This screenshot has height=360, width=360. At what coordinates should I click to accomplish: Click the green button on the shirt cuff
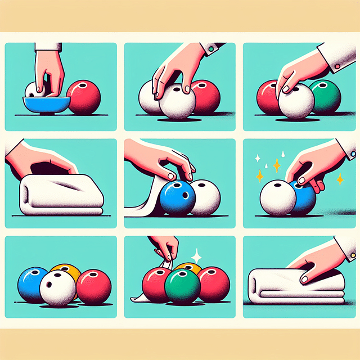[211, 49]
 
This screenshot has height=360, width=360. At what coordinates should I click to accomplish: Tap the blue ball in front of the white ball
[177, 198]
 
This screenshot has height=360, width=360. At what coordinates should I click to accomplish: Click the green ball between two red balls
[183, 285]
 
